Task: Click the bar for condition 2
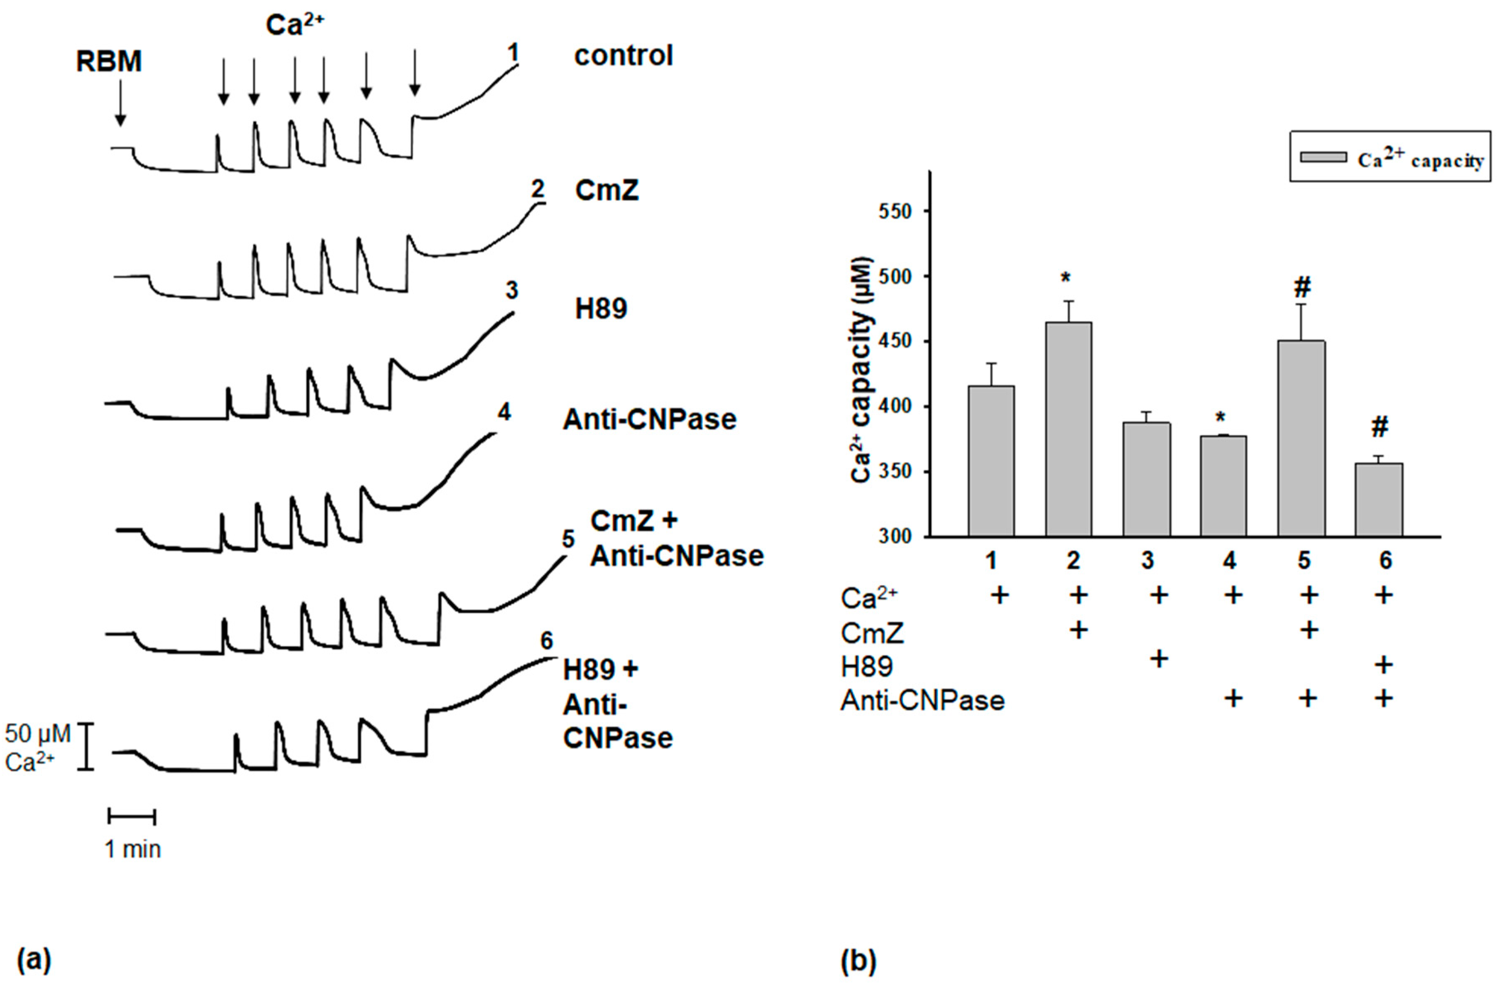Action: [1069, 429]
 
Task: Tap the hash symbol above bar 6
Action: [1380, 427]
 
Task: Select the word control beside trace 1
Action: [624, 56]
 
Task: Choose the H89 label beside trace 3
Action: [601, 309]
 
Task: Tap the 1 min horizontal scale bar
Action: [132, 816]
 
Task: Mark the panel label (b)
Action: [858, 961]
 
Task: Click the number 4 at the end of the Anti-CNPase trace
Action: [504, 412]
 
